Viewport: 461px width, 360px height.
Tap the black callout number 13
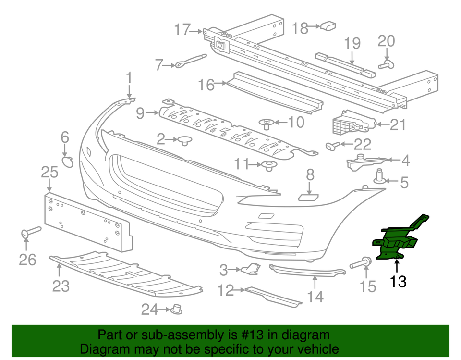398,281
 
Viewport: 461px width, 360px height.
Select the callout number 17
182,30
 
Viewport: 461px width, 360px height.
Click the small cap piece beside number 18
328,25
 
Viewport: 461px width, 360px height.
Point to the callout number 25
49,172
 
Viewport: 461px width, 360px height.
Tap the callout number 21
398,125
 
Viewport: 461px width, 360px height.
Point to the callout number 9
140,113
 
